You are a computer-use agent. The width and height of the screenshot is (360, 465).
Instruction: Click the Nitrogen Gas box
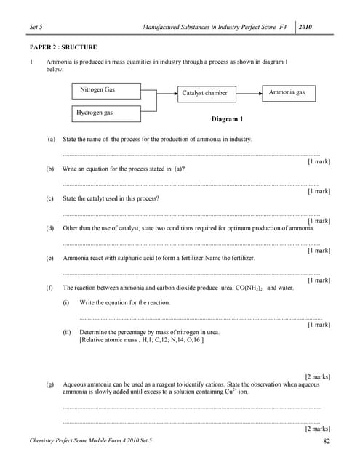coord(105,91)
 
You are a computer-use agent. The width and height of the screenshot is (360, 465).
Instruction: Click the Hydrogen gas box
coord(105,113)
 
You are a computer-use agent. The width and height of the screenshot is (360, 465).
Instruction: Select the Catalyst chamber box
coord(204,93)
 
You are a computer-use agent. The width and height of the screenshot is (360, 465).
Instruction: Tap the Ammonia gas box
coord(287,93)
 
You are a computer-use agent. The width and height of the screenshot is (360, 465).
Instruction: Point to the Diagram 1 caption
coord(227,118)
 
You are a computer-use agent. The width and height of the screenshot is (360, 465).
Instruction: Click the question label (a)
coord(51,139)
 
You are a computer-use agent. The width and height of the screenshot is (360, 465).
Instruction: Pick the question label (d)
coord(51,228)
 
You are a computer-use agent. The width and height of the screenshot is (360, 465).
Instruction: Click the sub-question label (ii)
coord(67,332)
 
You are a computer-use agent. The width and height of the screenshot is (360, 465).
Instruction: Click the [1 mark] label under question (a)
coord(319,161)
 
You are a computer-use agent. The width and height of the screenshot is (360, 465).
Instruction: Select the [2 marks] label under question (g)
coord(317,429)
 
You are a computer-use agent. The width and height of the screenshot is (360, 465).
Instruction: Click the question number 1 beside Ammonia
coord(31,62)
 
